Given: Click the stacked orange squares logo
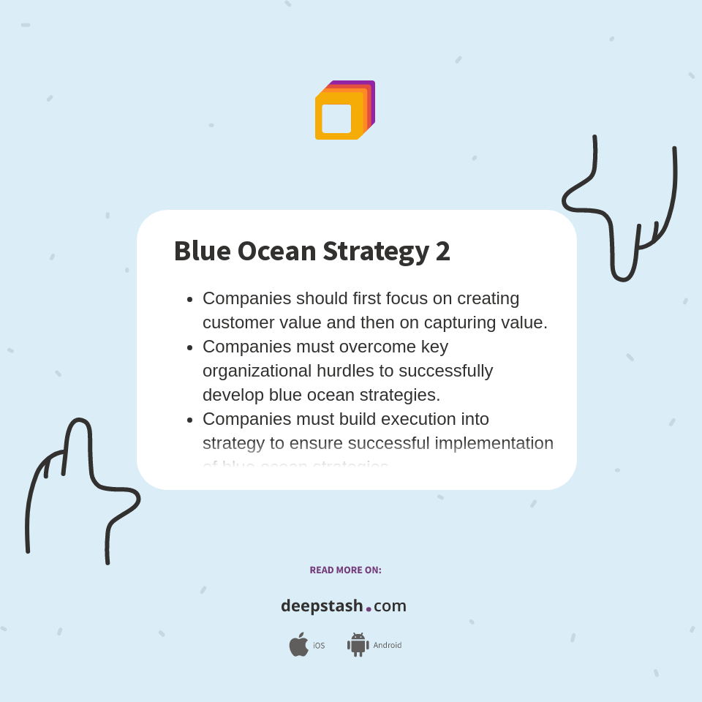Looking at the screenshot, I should [344, 110].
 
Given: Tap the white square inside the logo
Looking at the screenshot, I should [336, 118].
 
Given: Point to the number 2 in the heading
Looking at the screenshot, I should [442, 251].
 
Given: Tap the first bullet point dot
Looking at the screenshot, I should [189, 299].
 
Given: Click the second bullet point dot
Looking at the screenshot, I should [189, 347].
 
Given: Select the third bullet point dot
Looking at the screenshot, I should [189, 420].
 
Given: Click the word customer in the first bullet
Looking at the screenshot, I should [235, 322].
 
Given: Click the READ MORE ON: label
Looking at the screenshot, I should [345, 570].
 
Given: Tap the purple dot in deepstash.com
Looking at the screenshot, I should [369, 608].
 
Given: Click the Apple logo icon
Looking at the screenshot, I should [298, 644].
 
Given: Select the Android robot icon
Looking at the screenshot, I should [358, 644].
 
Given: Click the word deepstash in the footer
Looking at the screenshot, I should [322, 606].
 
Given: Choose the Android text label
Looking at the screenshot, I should [387, 645].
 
